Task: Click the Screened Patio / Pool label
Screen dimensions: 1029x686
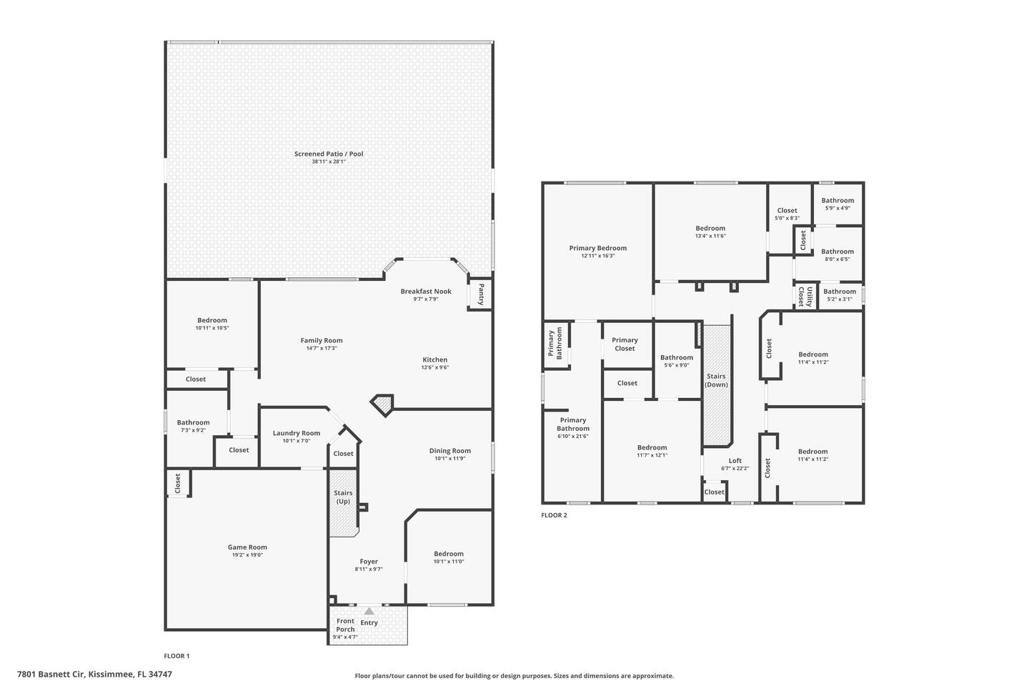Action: [329, 154]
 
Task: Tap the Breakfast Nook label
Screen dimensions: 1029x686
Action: [426, 292]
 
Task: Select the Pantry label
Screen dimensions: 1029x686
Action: [481, 294]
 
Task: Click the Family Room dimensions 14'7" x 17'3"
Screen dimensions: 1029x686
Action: [322, 348]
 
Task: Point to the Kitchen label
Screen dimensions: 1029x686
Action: [435, 359]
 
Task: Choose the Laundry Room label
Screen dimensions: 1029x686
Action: [297, 433]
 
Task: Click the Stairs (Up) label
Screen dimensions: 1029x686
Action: [343, 497]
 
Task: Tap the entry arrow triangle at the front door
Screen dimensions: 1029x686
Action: [369, 611]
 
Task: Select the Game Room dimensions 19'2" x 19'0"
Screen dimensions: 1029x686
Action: [247, 555]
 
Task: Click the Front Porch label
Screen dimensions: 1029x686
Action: [345, 625]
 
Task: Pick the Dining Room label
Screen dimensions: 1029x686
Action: [449, 451]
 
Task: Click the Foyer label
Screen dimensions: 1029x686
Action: [369, 562]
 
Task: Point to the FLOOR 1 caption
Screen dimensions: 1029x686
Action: [177, 656]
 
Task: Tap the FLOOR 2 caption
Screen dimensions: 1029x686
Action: [554, 515]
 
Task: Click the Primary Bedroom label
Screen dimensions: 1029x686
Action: [597, 248]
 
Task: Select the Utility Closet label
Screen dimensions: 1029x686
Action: [805, 297]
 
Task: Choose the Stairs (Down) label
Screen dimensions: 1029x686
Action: [716, 380]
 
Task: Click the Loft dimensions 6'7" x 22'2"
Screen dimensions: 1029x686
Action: [735, 469]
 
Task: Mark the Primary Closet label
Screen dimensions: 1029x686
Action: [625, 344]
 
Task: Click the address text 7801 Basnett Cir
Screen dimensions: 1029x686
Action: [51, 675]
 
